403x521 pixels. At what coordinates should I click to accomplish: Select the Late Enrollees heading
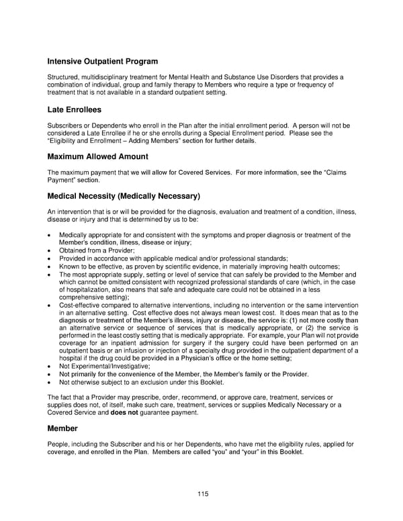point(75,109)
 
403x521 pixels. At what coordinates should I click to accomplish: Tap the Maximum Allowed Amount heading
point(98,157)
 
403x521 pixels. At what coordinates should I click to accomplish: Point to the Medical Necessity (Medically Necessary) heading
point(124,197)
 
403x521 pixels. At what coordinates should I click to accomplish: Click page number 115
point(203,494)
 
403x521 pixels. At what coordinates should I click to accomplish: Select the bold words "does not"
point(125,413)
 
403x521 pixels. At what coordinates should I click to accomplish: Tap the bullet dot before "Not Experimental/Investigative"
point(49,366)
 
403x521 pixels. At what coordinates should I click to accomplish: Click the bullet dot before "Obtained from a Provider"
point(49,250)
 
